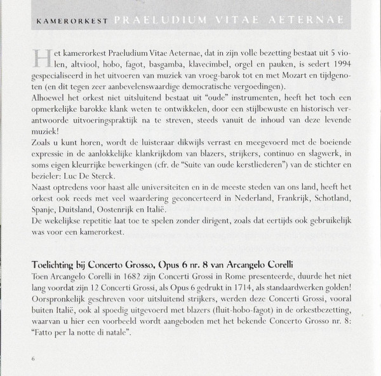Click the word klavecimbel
[194, 66]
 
